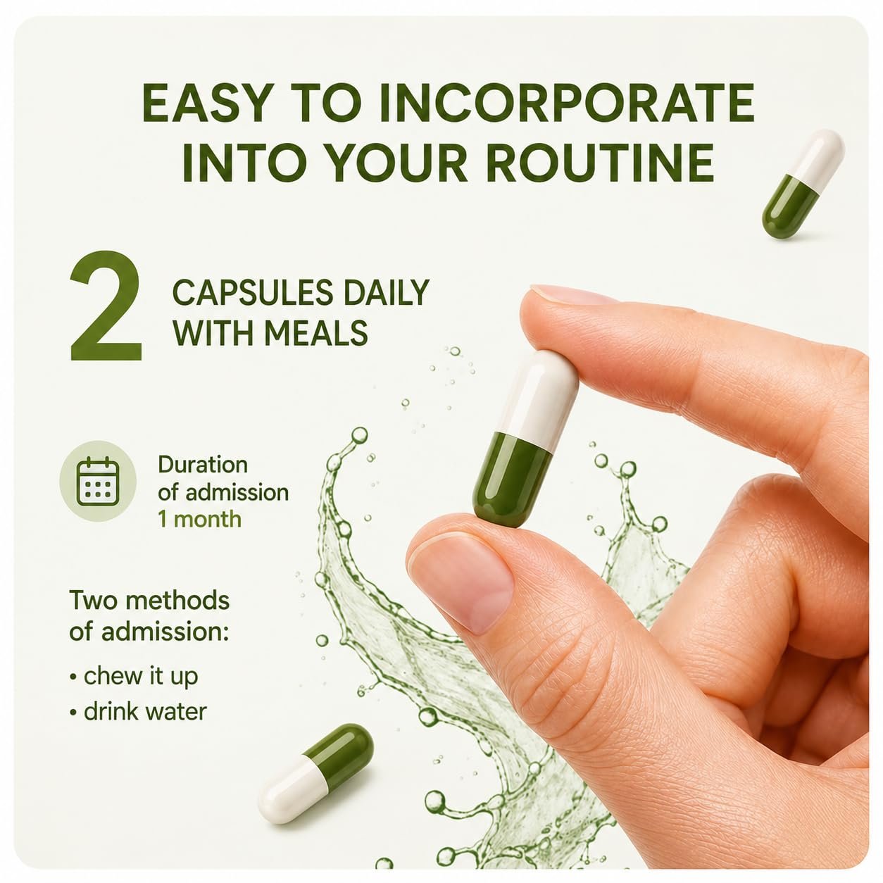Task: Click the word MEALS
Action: coord(316,332)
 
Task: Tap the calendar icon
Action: coord(98,481)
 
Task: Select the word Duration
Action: coord(203,465)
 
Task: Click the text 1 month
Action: coord(199,519)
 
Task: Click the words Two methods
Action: coord(149,600)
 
